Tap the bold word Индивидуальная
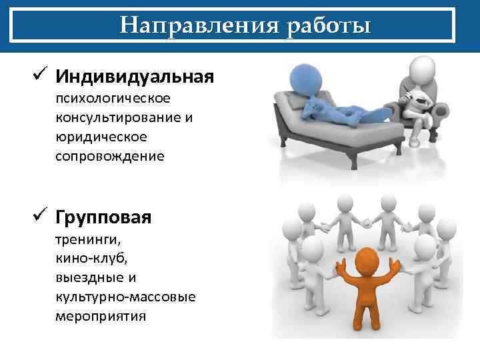tap(135, 77)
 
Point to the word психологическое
tap(113, 99)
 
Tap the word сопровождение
tap(110, 157)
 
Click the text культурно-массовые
tap(126, 296)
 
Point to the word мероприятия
tap(101, 315)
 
